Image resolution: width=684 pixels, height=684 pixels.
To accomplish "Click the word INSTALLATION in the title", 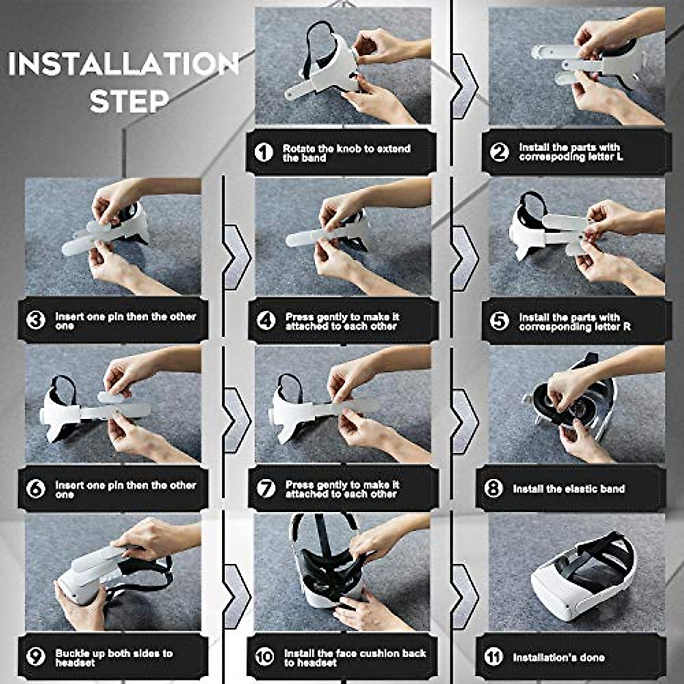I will pyautogui.click(x=123, y=64).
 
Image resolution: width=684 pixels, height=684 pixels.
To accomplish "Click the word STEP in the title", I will pyautogui.click(x=130, y=101).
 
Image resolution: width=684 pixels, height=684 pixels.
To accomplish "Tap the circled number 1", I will pyautogui.click(x=263, y=152).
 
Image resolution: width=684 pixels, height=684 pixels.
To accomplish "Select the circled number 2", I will pyautogui.click(x=499, y=152).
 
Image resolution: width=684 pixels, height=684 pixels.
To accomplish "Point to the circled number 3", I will pyautogui.click(x=36, y=320).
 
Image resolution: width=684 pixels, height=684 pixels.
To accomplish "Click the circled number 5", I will pyautogui.click(x=499, y=321).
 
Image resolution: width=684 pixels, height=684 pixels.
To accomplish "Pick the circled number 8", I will pyautogui.click(x=493, y=488).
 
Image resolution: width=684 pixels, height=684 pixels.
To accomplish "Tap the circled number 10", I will pyautogui.click(x=264, y=657).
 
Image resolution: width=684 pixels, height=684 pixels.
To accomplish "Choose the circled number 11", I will pyautogui.click(x=494, y=657).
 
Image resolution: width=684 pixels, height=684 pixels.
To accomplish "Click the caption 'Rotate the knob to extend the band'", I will pyautogui.click(x=347, y=153).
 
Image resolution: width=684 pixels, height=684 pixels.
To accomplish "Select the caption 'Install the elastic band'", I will pyautogui.click(x=568, y=489).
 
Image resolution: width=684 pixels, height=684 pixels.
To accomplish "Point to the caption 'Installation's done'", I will pyautogui.click(x=558, y=657).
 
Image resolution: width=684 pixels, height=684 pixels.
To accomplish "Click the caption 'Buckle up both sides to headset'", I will pyautogui.click(x=113, y=658).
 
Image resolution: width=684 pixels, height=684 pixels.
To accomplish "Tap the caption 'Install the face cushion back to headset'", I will pyautogui.click(x=355, y=658).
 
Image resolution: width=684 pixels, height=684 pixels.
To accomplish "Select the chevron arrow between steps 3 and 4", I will pyautogui.click(x=236, y=257).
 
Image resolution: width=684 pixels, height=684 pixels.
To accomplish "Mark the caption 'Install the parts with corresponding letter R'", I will pyautogui.click(x=575, y=321).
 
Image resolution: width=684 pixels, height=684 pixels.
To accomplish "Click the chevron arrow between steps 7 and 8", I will pyautogui.click(x=464, y=422).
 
